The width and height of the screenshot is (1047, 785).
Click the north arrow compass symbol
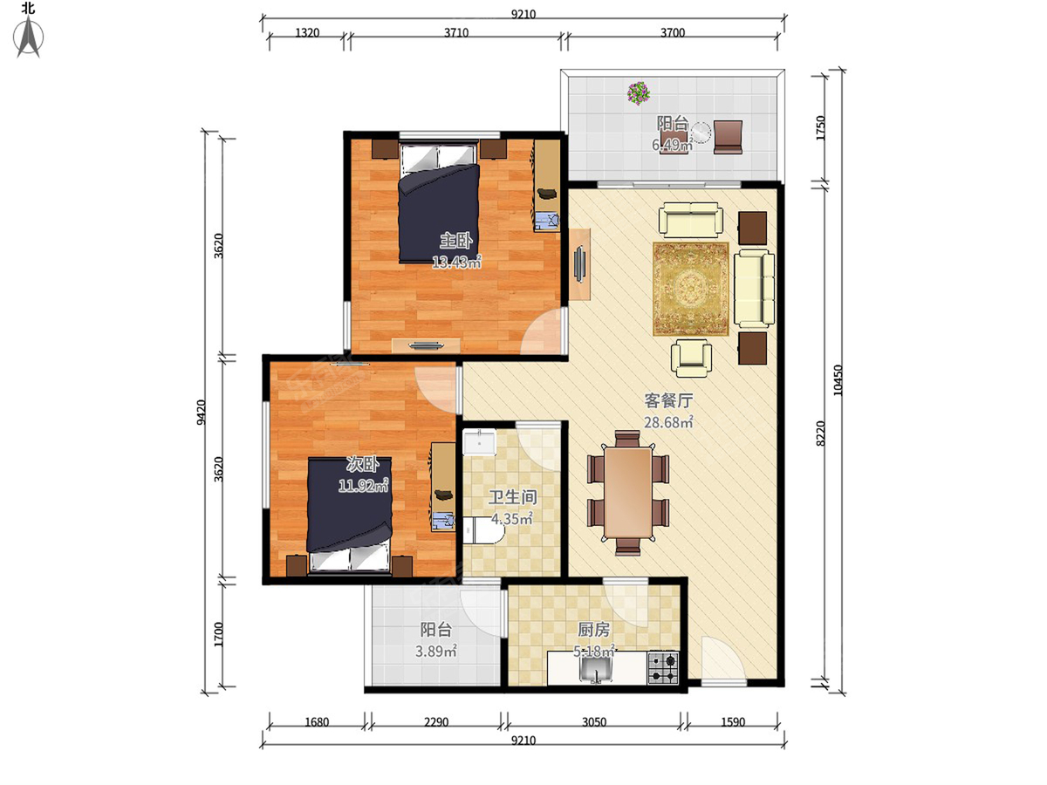[29, 37]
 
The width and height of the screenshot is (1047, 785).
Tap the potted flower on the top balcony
[639, 92]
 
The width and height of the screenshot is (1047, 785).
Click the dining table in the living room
[627, 492]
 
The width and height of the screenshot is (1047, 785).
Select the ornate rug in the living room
[691, 289]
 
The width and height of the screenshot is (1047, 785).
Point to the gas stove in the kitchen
[663, 668]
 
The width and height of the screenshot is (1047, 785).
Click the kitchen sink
[596, 669]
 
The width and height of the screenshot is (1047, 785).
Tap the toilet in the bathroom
[481, 530]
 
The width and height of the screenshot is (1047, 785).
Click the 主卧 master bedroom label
[456, 241]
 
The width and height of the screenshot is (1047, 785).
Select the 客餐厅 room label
[668, 401]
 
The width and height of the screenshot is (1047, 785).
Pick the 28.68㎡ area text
[668, 422]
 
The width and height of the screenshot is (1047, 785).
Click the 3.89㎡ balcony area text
[436, 651]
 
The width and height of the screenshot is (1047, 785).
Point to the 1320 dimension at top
[307, 33]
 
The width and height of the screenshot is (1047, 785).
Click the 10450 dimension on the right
[838, 380]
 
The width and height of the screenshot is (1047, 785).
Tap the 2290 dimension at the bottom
[436, 722]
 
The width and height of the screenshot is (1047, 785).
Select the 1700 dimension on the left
[218, 634]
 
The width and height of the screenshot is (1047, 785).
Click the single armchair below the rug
[691, 358]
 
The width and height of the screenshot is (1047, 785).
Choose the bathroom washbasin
[479, 442]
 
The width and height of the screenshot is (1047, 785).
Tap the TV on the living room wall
[580, 264]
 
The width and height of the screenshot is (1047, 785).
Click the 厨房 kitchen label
[594, 630]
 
